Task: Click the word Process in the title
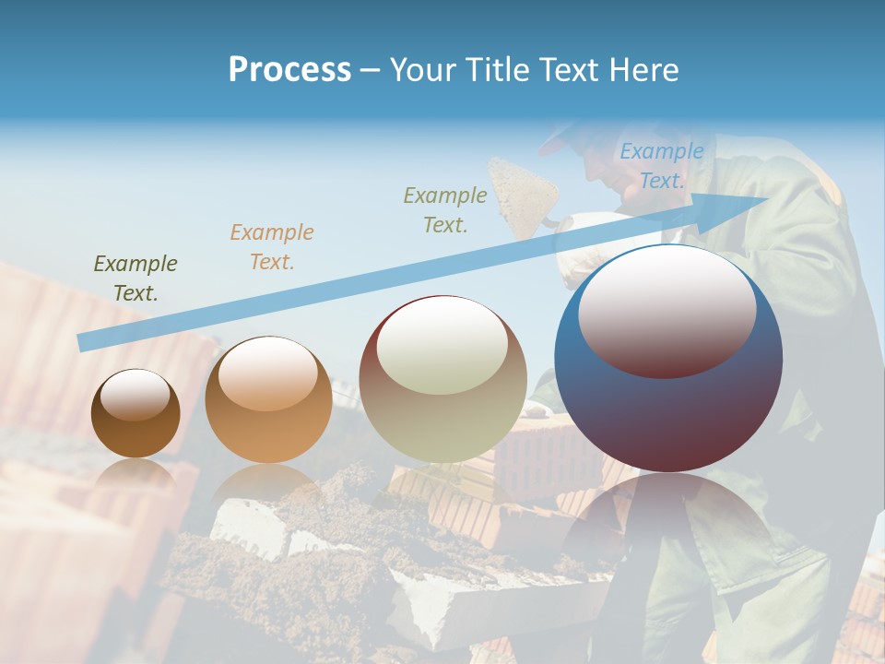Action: [x=289, y=69]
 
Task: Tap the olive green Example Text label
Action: [x=136, y=279]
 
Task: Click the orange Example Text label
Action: [x=272, y=247]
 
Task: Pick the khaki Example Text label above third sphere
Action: [x=445, y=209]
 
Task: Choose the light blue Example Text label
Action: [x=662, y=166]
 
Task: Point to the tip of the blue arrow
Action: [x=765, y=198]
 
